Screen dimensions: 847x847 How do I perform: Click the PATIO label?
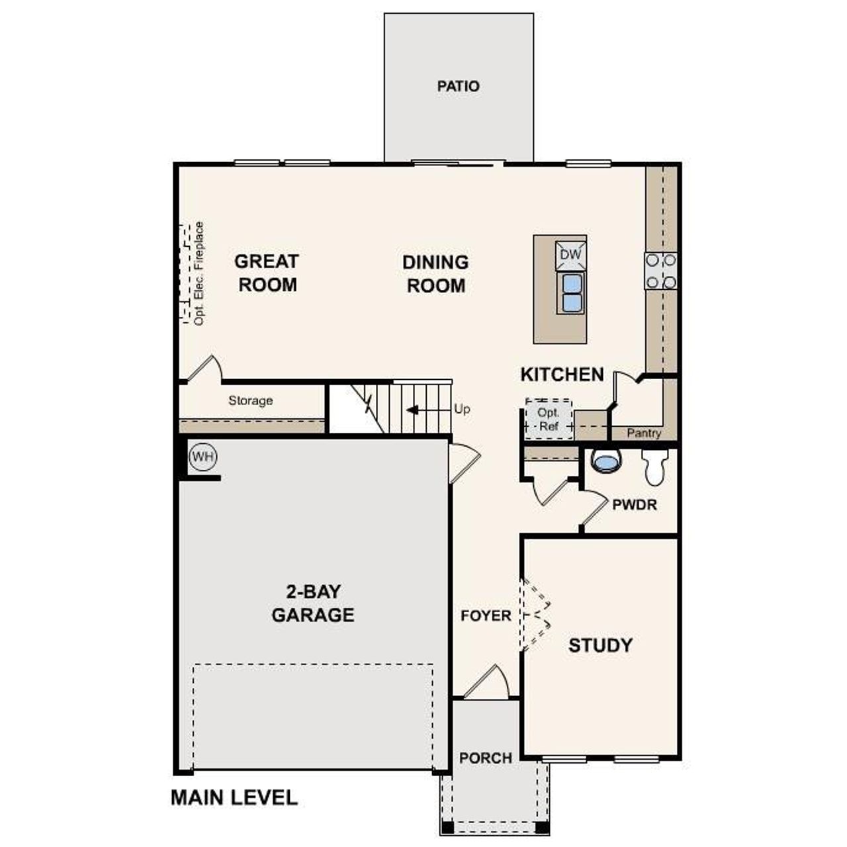[x=458, y=86]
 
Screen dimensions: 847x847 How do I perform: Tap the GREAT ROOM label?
[x=267, y=273]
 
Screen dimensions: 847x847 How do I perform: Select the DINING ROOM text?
[x=435, y=274]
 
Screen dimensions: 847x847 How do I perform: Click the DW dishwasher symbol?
[x=570, y=255]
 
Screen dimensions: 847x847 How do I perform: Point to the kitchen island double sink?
[x=571, y=293]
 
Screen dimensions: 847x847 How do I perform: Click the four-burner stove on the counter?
[x=661, y=271]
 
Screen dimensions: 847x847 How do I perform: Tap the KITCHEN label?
[x=562, y=375]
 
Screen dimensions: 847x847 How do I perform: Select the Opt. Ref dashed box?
[x=549, y=420]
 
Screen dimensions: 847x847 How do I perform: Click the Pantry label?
[x=644, y=433]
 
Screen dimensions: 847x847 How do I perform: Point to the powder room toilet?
[x=656, y=467]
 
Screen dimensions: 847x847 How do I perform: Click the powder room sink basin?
[x=605, y=461]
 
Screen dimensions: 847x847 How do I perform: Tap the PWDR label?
[x=635, y=505]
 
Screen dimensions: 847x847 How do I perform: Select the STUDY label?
[x=600, y=645]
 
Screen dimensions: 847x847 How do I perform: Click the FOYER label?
[x=486, y=616]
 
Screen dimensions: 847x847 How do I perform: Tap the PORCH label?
[x=486, y=758]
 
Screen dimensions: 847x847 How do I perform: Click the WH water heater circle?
[x=203, y=457]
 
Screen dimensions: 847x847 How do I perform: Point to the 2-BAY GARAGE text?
[x=313, y=603]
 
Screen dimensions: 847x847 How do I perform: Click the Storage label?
[x=251, y=400]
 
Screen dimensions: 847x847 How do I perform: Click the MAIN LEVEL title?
[x=234, y=797]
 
